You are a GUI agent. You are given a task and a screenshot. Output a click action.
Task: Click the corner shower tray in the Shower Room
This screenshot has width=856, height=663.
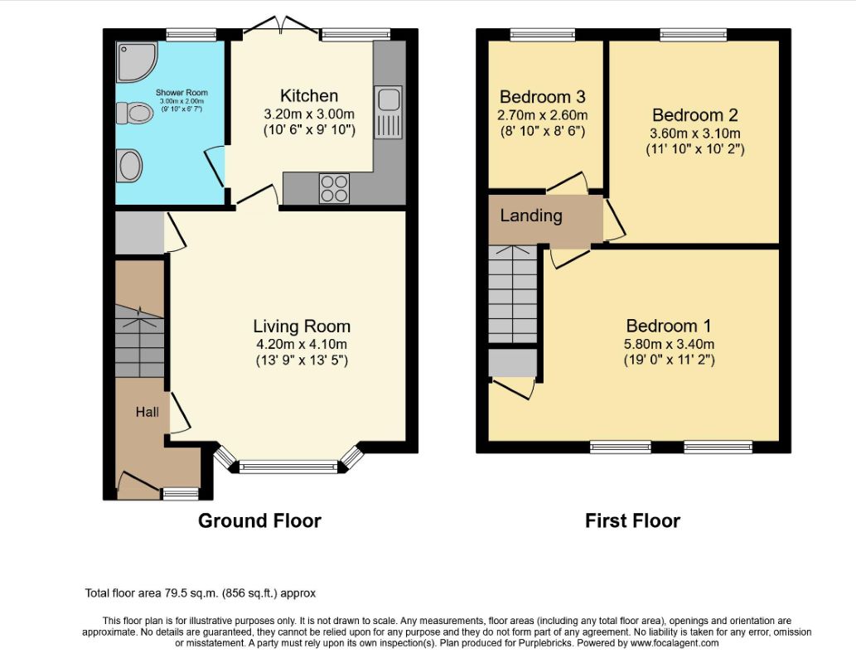tap(136, 61)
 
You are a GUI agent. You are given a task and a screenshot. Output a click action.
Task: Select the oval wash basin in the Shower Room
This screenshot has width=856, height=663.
tap(130, 166)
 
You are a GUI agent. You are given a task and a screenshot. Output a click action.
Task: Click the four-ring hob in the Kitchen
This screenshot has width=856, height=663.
tap(334, 188)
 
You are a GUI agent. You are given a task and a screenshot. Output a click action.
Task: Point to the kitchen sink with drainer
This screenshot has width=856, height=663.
tap(388, 112)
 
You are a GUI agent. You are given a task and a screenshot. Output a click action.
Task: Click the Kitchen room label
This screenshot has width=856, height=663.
tap(309, 95)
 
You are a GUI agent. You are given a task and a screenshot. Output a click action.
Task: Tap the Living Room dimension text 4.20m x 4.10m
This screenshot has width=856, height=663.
tap(302, 344)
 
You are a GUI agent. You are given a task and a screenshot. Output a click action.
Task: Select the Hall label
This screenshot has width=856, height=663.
tap(148, 412)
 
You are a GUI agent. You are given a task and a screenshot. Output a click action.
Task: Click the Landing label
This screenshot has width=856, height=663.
tap(531, 215)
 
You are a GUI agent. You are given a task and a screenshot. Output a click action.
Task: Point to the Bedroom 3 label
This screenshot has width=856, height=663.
tap(543, 97)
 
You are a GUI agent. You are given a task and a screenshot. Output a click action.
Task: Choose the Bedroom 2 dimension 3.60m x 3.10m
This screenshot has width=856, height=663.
tap(695, 133)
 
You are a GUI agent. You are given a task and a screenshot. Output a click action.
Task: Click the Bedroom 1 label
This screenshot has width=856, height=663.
tap(669, 326)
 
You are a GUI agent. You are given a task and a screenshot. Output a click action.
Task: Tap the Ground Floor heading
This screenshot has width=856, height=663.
tap(259, 520)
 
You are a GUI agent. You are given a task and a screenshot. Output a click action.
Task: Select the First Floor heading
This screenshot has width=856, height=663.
tap(633, 520)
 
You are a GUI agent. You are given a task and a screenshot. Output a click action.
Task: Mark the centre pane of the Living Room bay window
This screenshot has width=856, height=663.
tap(288, 467)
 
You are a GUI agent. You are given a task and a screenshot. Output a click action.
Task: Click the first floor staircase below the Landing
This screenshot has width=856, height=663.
tap(513, 294)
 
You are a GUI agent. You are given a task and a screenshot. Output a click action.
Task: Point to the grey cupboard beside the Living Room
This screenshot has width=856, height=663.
tap(140, 233)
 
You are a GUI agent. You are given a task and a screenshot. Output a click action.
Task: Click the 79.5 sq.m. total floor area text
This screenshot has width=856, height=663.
tap(201, 593)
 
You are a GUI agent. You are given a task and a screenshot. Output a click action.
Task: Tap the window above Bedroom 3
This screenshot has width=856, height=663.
tap(543, 35)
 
